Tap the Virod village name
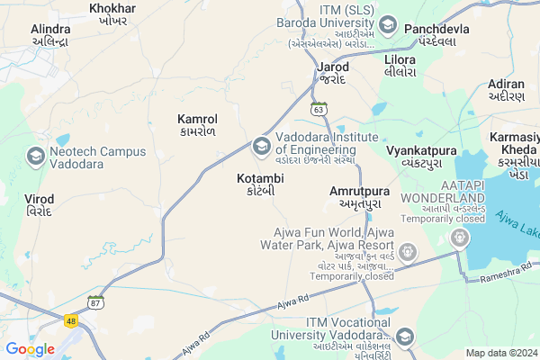(x=39, y=203)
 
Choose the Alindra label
(x=51, y=35)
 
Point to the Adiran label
(x=505, y=88)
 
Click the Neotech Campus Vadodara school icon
(x=37, y=157)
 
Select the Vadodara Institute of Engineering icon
(x=261, y=144)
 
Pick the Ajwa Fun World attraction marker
(x=409, y=250)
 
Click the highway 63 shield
(x=319, y=109)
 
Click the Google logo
(x=30, y=348)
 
